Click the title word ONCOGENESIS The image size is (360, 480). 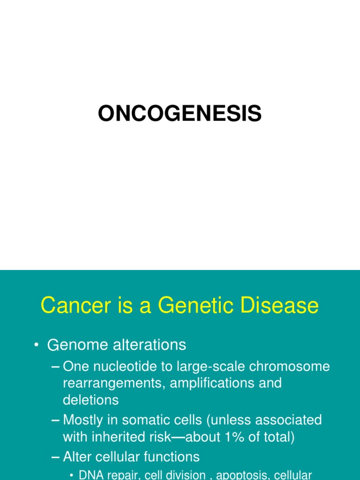(x=180, y=113)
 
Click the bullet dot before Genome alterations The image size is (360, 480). (x=36, y=345)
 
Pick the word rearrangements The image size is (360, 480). (x=114, y=383)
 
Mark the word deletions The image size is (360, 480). (x=90, y=400)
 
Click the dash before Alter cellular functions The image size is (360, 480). (x=56, y=457)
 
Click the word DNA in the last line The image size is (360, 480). (x=90, y=475)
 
